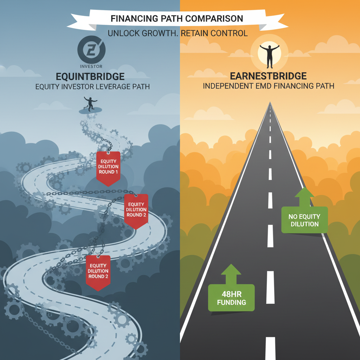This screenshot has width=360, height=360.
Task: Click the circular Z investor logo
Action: click(91, 50)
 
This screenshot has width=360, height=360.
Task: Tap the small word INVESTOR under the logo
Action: click(91, 66)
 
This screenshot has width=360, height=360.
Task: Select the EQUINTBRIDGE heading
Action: click(90, 76)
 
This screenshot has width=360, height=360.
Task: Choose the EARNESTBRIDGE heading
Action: click(268, 76)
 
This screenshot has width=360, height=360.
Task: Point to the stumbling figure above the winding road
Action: click(90, 104)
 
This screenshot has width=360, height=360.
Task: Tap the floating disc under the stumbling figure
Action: click(90, 111)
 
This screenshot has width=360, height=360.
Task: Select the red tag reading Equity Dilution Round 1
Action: click(108, 168)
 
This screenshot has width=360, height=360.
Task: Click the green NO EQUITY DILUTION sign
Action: click(304, 220)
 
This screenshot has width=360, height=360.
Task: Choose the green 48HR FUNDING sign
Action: click(231, 298)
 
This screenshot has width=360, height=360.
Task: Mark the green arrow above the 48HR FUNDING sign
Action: click(231, 274)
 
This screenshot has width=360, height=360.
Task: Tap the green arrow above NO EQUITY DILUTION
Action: click(304, 197)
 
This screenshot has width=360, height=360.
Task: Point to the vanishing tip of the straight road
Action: click(270, 102)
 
